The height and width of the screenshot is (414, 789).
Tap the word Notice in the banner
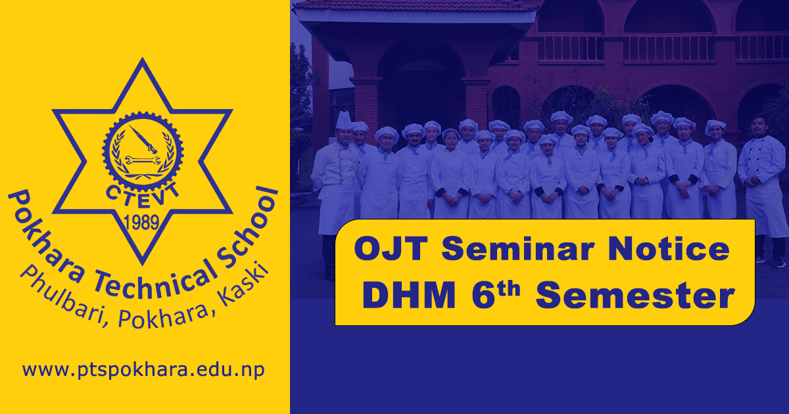click(x=669, y=248)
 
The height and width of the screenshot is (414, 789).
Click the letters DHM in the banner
click(x=409, y=295)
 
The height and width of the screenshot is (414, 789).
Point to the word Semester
click(x=635, y=296)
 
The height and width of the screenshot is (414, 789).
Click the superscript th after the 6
click(x=509, y=289)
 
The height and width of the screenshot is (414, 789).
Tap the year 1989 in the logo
click(x=142, y=223)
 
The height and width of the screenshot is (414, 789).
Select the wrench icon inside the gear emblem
click(x=142, y=160)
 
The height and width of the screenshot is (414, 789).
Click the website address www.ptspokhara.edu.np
click(x=143, y=371)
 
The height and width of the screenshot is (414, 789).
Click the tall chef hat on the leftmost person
click(x=344, y=121)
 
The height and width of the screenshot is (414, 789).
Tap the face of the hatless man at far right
click(x=759, y=126)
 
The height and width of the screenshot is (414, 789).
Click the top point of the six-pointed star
click(x=142, y=58)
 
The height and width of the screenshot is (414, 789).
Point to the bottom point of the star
click(x=142, y=264)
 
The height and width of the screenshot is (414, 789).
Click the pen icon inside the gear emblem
click(x=143, y=139)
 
